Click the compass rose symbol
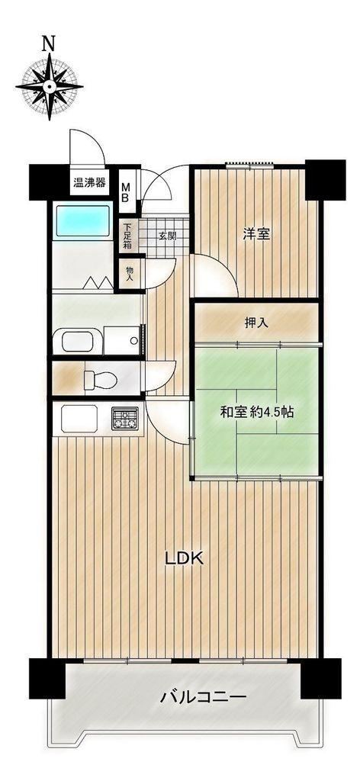click(x=50, y=87)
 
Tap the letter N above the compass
click(x=48, y=44)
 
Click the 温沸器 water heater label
click(x=90, y=182)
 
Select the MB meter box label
click(x=126, y=191)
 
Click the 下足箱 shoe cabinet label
click(x=127, y=236)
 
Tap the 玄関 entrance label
click(x=167, y=236)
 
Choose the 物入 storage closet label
click(x=130, y=274)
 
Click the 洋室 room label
click(x=256, y=234)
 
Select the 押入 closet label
click(x=256, y=323)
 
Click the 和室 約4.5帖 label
click(x=256, y=412)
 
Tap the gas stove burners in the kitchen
click(x=125, y=418)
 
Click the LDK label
click(x=185, y=559)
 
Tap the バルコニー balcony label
click(x=203, y=696)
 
